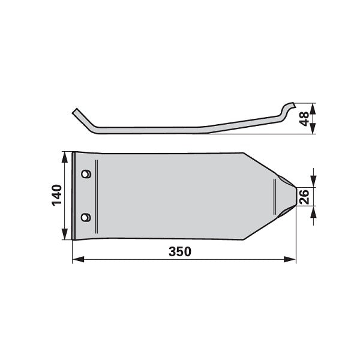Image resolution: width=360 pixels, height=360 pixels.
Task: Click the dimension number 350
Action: point(180,251)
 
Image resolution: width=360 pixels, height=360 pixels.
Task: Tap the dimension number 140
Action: point(57,195)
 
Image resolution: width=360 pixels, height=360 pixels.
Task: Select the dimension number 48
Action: point(304,119)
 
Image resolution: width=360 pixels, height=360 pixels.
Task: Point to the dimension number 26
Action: point(304,197)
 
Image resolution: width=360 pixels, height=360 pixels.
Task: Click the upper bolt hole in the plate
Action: point(86,174)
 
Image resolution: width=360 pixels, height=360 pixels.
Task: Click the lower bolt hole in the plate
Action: point(86,217)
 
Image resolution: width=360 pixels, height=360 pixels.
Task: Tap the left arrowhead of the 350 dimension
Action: point(78,259)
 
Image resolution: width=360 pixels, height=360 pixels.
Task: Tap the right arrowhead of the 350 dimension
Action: point(290,259)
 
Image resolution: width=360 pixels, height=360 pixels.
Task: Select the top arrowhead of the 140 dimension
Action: point(65,157)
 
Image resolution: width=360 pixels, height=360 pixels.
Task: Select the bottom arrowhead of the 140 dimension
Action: point(65,234)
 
